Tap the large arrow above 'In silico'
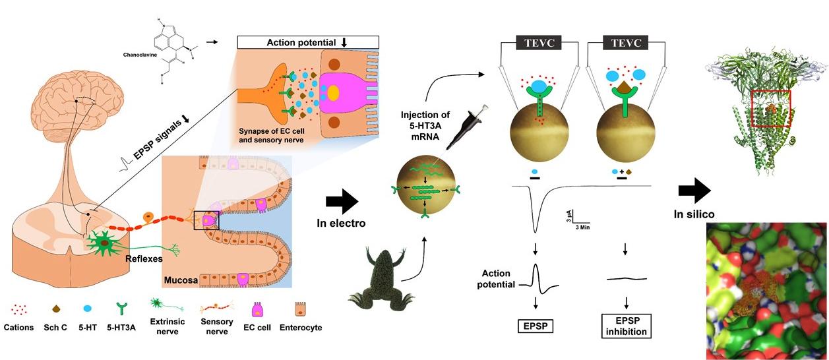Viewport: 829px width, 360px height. [x=694, y=191]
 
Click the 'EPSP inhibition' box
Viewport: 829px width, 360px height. [x=625, y=325]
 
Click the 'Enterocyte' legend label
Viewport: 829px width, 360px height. [x=301, y=328]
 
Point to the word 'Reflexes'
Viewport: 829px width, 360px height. [x=144, y=259]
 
